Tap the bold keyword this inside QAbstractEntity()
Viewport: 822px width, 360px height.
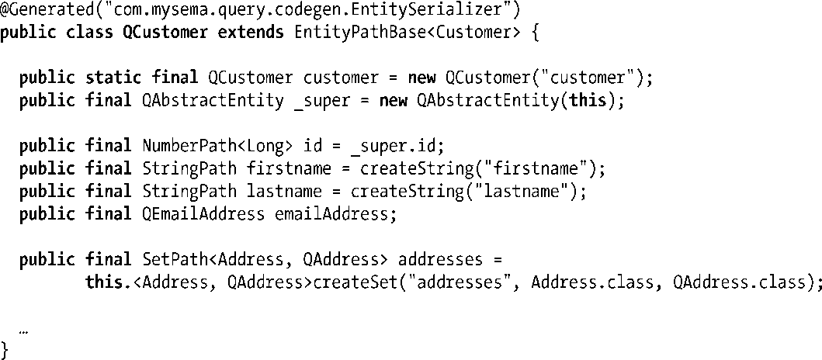[588, 101]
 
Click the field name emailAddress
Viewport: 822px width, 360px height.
[335, 215]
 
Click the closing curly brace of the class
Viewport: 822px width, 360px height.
[6, 348]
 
